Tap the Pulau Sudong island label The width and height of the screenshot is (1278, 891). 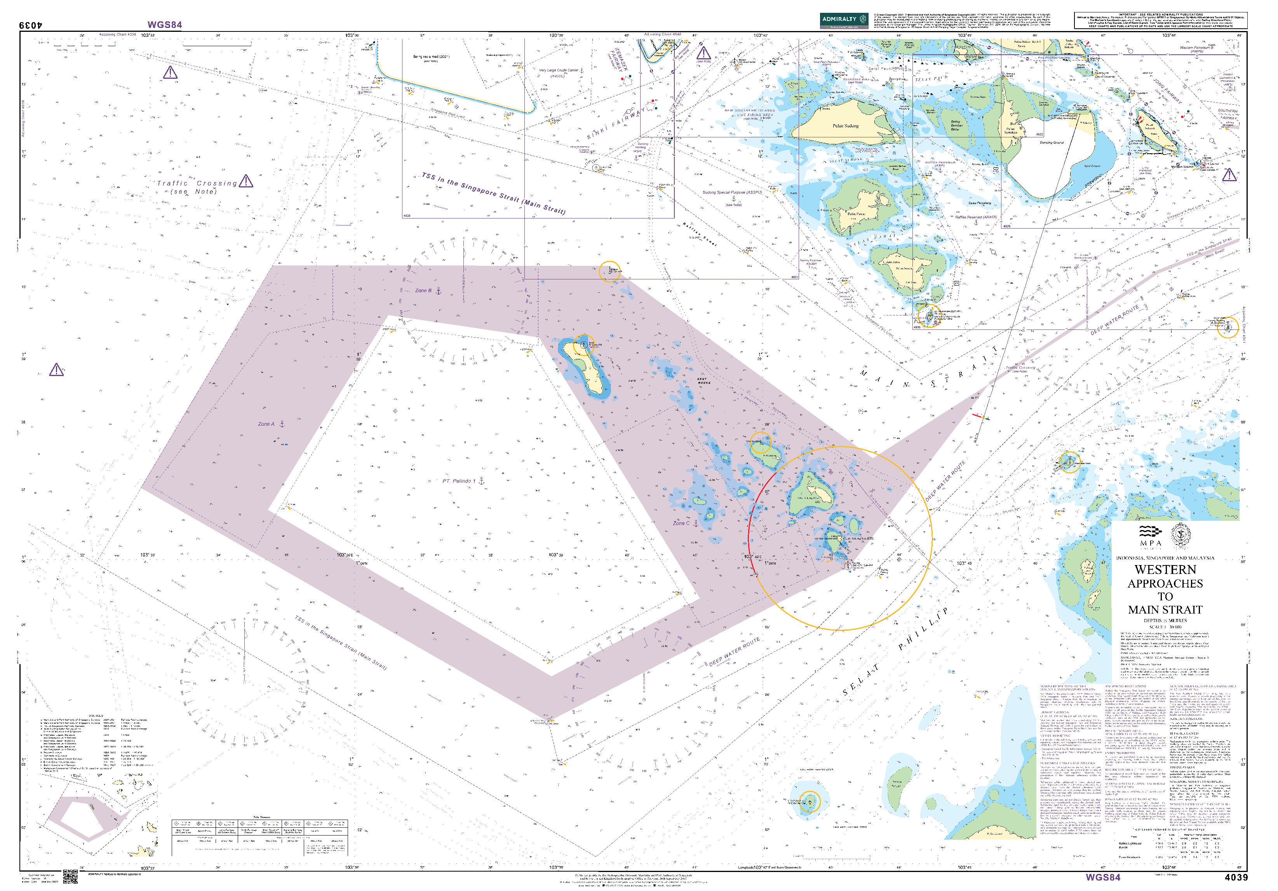[x=845, y=126]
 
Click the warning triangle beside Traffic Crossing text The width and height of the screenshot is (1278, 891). [x=246, y=181]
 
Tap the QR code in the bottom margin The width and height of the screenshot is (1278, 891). [x=70, y=877]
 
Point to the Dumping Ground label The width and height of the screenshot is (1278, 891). [x=1052, y=142]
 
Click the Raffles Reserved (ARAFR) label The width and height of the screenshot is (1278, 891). [x=976, y=217]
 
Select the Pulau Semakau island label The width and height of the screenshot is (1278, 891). [x=1011, y=130]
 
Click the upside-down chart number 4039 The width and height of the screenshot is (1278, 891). [x=31, y=25]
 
